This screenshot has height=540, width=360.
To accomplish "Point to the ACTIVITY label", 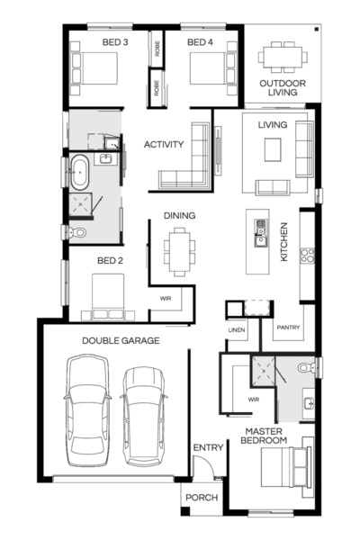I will [164, 144].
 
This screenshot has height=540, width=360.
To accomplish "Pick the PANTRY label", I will [288, 328].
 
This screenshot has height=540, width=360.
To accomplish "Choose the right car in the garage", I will [144, 414].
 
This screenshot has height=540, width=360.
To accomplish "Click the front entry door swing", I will [204, 468].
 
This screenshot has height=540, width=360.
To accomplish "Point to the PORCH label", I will [202, 498].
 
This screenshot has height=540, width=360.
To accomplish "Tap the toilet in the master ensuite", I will [303, 368].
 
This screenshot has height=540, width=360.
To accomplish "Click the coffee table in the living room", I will [274, 150].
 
